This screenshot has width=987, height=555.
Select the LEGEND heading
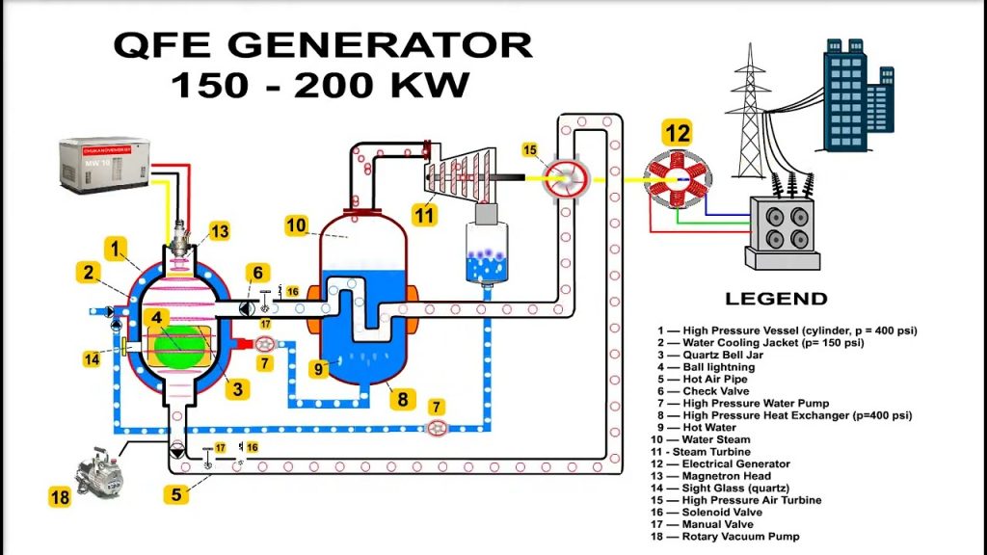[x=776, y=299]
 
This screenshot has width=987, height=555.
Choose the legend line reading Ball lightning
[x=718, y=367]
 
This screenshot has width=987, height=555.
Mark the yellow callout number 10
[x=297, y=225]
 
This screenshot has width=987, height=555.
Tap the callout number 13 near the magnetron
[x=219, y=231]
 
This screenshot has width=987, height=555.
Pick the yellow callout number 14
[x=93, y=359]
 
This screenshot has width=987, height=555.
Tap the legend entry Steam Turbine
[x=709, y=452]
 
